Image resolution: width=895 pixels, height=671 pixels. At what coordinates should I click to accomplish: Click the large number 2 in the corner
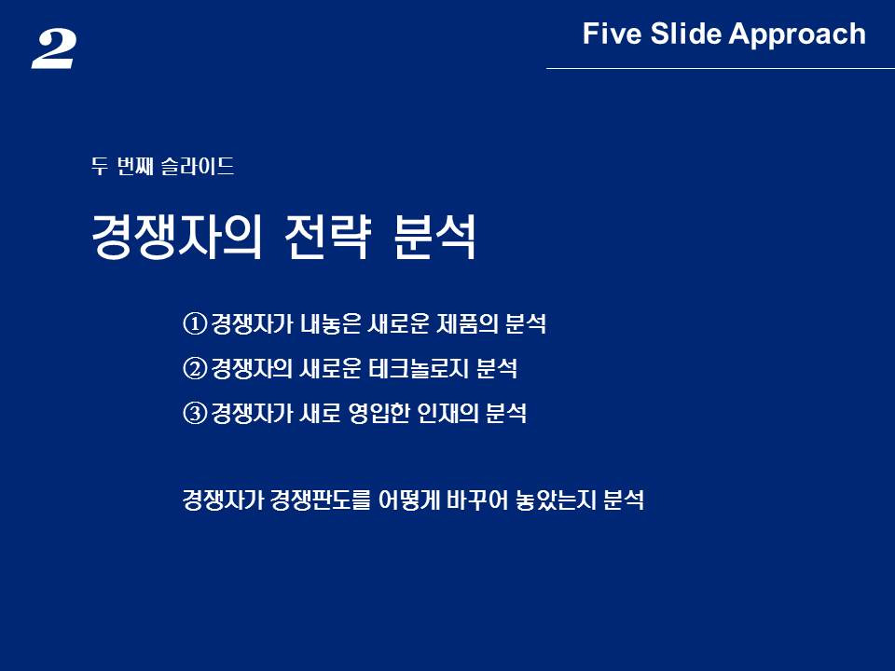[53, 49]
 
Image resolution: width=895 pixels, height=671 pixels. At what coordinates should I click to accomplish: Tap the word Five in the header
[612, 34]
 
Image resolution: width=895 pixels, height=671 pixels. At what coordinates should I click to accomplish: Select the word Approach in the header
[797, 34]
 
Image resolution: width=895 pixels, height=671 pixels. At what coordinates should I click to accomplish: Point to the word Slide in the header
[685, 34]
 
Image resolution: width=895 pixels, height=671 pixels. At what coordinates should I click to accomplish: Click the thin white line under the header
[721, 68]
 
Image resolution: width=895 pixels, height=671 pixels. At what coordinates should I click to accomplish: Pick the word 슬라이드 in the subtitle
[198, 166]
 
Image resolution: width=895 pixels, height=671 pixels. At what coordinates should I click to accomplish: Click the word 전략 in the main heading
[328, 237]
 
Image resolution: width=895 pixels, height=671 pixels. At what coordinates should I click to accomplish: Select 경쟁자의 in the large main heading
[176, 237]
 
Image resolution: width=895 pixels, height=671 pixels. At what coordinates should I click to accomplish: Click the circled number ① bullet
[195, 323]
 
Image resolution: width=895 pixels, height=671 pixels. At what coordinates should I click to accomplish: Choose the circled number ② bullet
[195, 368]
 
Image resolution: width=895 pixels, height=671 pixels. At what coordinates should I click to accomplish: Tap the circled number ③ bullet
[195, 413]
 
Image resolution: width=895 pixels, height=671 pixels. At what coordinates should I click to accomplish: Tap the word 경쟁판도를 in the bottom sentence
[321, 500]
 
